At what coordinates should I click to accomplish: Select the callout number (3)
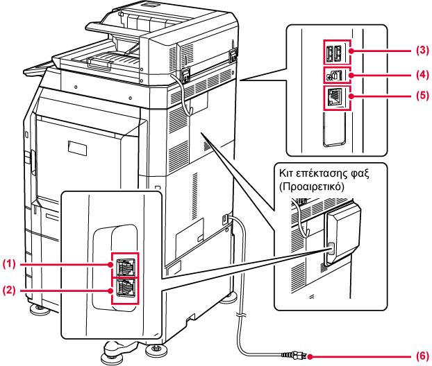421,51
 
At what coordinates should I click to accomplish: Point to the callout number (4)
421,73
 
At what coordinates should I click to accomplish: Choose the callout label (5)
421,96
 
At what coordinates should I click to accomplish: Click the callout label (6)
421,357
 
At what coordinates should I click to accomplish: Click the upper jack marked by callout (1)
127,265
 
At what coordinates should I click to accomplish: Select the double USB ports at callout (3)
333,53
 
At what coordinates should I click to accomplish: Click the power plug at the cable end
300,357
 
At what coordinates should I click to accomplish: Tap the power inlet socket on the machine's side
225,220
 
